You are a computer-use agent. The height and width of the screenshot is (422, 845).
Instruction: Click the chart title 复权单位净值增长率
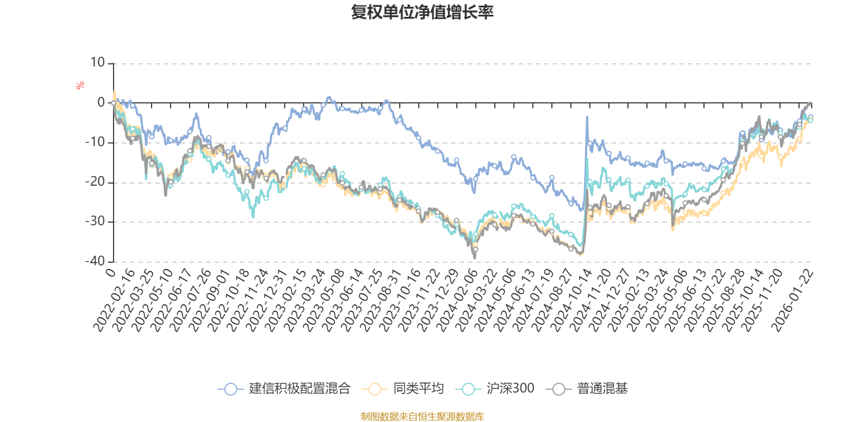point(422,12)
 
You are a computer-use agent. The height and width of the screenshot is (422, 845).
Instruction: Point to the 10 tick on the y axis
point(97,63)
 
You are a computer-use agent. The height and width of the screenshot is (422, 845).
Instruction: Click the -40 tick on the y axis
point(95,261)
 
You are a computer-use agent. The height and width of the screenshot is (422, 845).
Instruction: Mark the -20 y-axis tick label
point(95,182)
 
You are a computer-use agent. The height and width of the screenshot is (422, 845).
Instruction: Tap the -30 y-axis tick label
point(95,222)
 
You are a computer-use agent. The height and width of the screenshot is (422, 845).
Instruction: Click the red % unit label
point(80,85)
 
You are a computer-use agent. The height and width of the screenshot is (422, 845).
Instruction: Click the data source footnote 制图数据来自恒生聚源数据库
point(422,417)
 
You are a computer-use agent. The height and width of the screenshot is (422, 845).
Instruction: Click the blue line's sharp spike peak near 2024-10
point(587,117)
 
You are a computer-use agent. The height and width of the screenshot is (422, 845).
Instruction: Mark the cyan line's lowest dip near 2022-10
point(253,217)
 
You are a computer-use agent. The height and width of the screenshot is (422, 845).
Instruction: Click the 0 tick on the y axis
point(101,103)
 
